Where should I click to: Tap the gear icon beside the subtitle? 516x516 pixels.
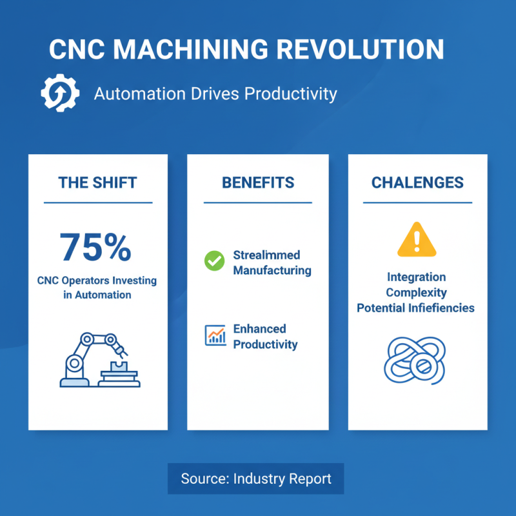click(60, 94)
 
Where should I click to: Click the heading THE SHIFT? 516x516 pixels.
click(97, 183)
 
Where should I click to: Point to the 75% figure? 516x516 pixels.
click(95, 246)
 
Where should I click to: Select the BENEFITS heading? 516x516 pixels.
click(257, 183)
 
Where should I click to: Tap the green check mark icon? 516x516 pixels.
click(213, 261)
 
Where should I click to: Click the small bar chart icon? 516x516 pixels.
click(215, 335)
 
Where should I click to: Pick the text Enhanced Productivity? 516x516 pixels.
click(265, 337)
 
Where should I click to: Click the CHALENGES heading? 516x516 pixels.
click(417, 183)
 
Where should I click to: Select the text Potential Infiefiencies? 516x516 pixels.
click(416, 308)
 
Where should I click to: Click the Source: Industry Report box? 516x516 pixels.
click(256, 479)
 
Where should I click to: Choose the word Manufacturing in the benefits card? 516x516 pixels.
click(272, 270)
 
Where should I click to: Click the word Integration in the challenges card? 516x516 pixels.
click(416, 277)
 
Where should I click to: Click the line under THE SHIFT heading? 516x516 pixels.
click(97, 203)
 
